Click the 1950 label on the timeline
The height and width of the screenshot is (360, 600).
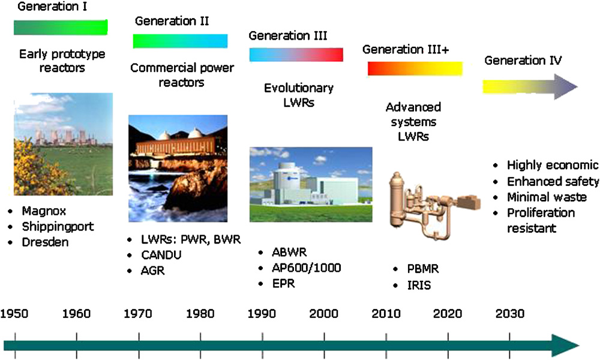tap(14, 314)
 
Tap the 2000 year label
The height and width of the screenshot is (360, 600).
tap(324, 314)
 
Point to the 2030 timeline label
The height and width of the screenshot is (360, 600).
tap(509, 314)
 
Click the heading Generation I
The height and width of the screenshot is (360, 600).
tap(52, 7)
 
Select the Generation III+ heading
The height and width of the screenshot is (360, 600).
tap(406, 49)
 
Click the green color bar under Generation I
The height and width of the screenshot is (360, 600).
tap(61, 27)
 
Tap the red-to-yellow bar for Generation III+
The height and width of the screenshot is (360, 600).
tap(415, 68)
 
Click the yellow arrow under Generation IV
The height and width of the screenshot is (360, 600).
tap(530, 87)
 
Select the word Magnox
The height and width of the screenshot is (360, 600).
tap(44, 211)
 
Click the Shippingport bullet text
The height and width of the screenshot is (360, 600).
tap(58, 226)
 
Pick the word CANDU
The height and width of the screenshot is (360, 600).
tap(161, 255)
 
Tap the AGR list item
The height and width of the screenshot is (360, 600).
tap(152, 271)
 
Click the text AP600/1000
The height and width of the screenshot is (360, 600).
tap(306, 268)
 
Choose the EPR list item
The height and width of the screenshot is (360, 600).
tap(284, 283)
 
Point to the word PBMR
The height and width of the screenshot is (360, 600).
tap(423, 269)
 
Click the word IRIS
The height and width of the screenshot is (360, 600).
tap(419, 286)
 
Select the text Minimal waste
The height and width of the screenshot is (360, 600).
tap(547, 197)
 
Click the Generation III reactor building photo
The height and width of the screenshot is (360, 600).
tap(311, 184)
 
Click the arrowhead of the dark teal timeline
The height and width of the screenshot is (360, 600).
tap(565, 346)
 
